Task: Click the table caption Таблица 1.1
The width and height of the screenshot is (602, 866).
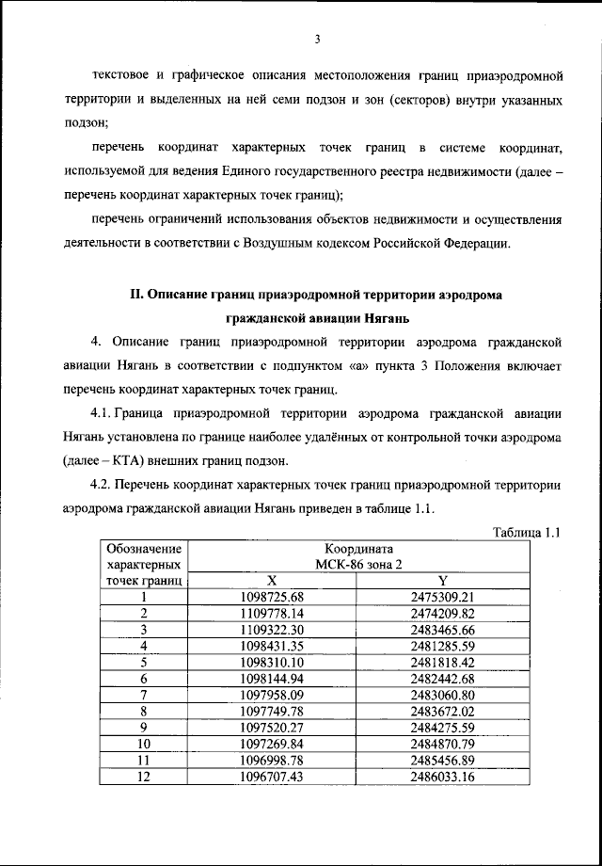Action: coord(527,533)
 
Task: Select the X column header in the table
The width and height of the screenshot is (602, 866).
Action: coord(272,581)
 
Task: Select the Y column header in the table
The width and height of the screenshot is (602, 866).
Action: coord(441,581)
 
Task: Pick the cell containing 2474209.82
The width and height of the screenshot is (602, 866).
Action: coord(442,613)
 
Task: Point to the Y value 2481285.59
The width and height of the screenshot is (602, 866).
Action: coord(442,646)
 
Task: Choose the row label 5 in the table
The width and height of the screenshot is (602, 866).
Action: coord(144,662)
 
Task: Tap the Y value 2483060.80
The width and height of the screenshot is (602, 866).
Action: coord(442,695)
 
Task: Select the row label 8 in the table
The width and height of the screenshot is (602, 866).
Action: coord(144,711)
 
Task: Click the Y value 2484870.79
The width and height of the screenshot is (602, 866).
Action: coord(442,744)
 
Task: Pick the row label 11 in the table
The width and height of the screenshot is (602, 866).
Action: coord(144,760)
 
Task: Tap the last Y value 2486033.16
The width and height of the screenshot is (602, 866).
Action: coord(442,777)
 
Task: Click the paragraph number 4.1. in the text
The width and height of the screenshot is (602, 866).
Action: coord(103,413)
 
